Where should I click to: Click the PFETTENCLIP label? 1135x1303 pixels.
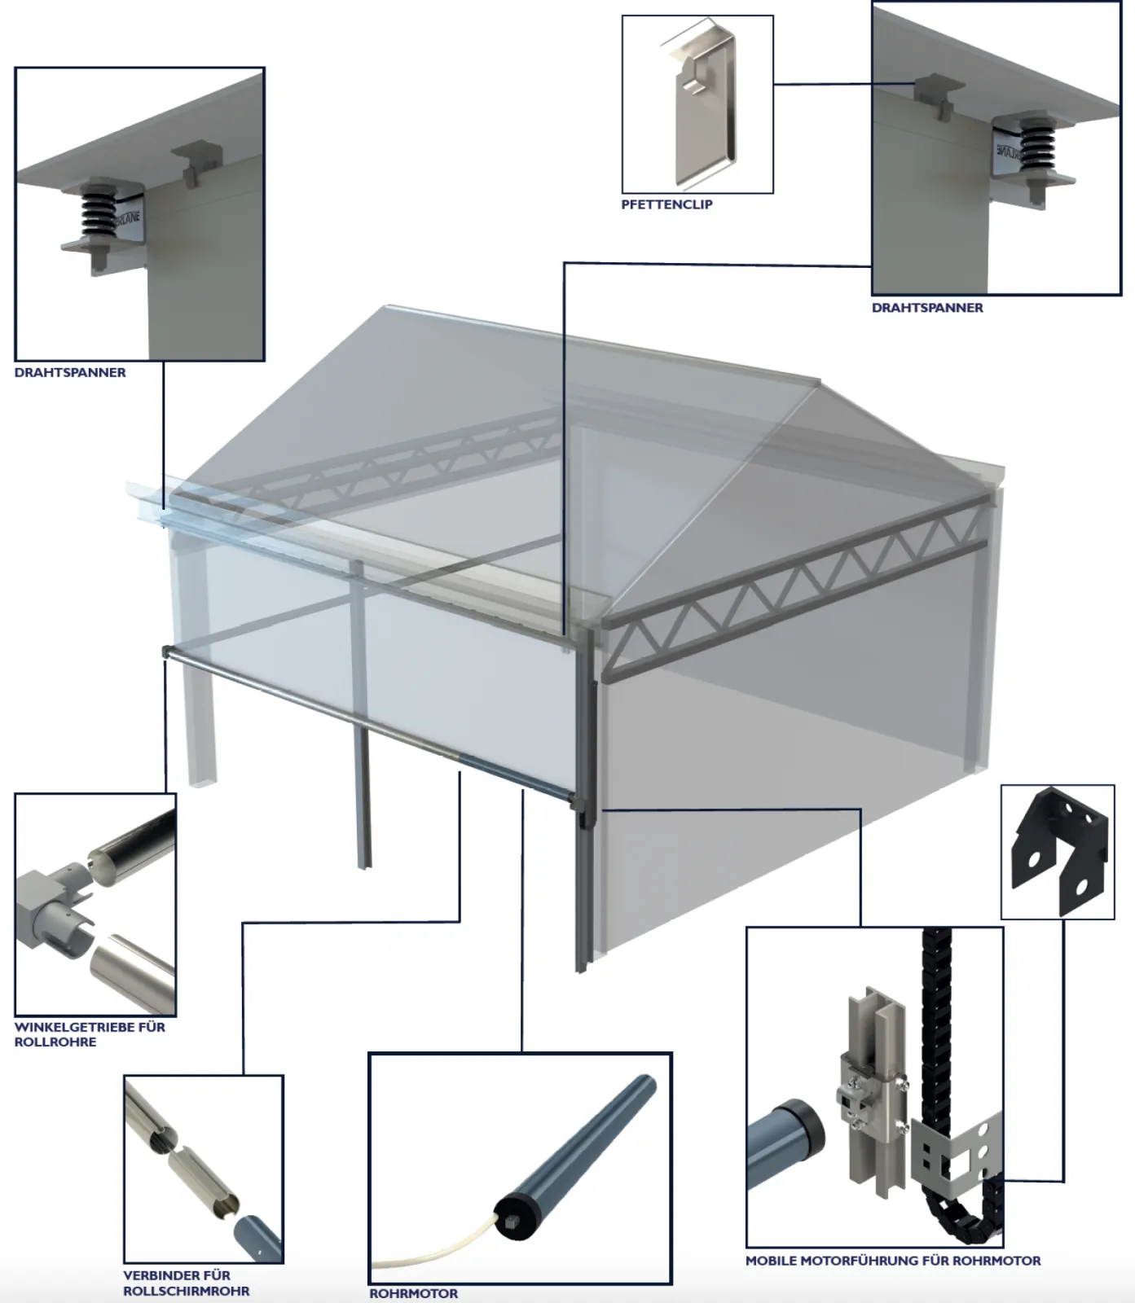pyautogui.click(x=666, y=204)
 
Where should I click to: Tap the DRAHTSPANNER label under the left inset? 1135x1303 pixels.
pyautogui.click(x=70, y=372)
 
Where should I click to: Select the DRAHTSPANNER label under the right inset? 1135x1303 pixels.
pyautogui.click(x=927, y=308)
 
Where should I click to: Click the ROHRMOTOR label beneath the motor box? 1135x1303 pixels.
pyautogui.click(x=413, y=1293)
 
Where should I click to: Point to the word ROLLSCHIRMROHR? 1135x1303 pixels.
pyautogui.click(x=187, y=1291)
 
